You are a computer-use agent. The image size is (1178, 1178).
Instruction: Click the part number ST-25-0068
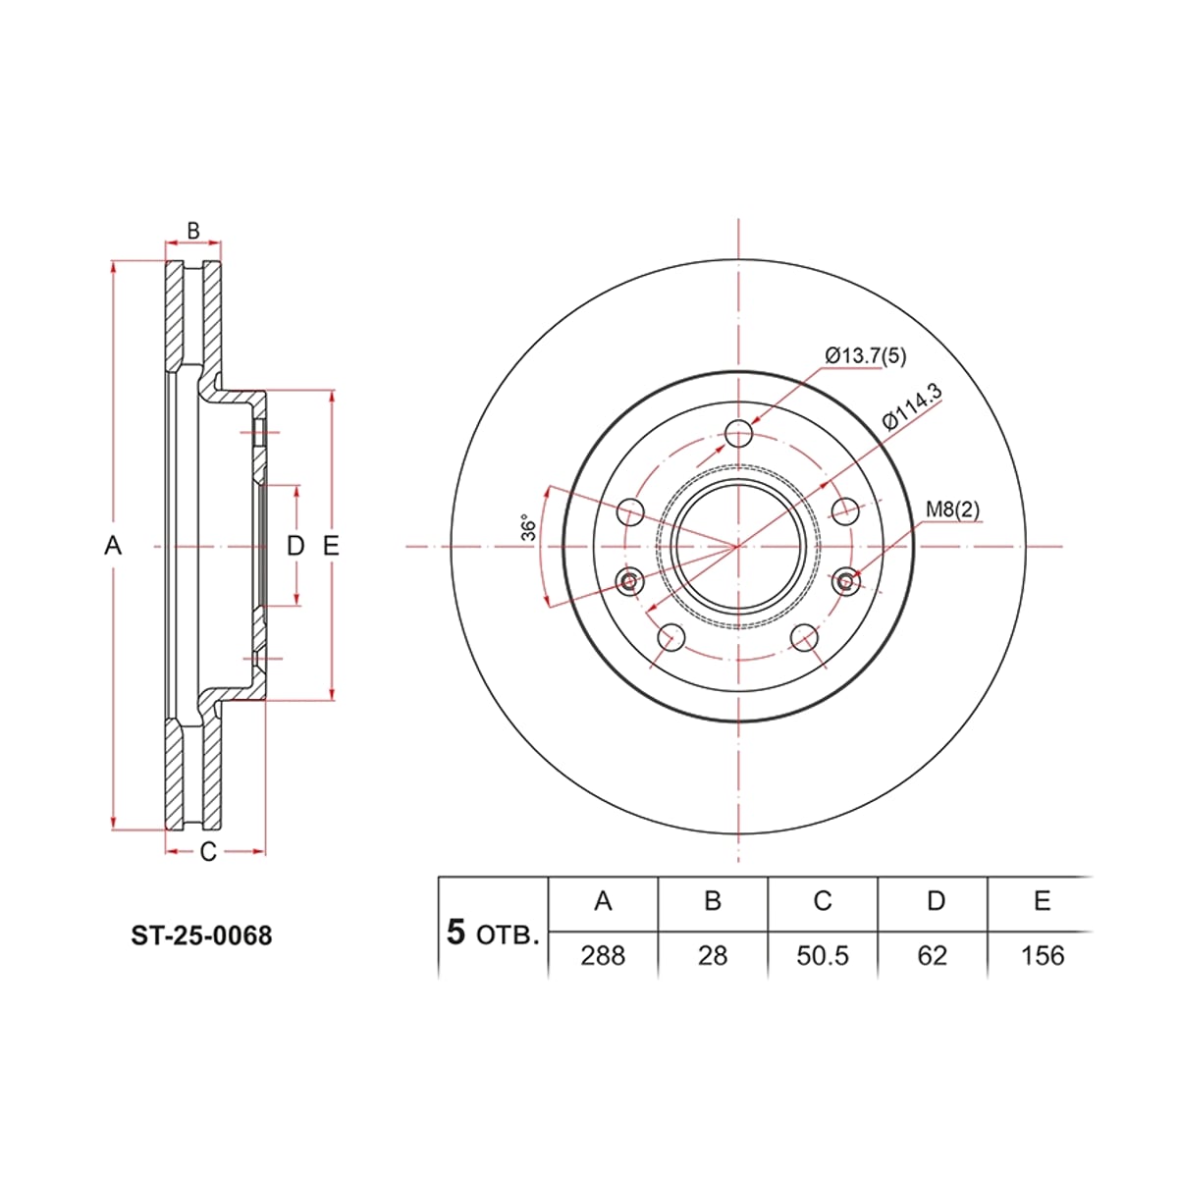(x=202, y=936)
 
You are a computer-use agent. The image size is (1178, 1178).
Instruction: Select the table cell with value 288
(x=603, y=955)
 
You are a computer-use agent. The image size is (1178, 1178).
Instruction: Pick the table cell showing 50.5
(x=823, y=955)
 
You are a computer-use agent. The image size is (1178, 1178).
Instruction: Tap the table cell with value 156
(x=1043, y=955)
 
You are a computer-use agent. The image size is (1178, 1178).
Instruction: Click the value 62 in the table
(x=933, y=955)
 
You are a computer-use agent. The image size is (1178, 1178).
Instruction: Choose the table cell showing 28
(x=713, y=955)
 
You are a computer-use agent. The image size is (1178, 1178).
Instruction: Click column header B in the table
(x=713, y=900)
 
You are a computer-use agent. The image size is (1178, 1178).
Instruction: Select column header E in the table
(x=1043, y=900)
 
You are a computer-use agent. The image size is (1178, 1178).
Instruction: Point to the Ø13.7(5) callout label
(x=866, y=355)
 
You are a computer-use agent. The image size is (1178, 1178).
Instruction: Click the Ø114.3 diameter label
(x=911, y=407)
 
